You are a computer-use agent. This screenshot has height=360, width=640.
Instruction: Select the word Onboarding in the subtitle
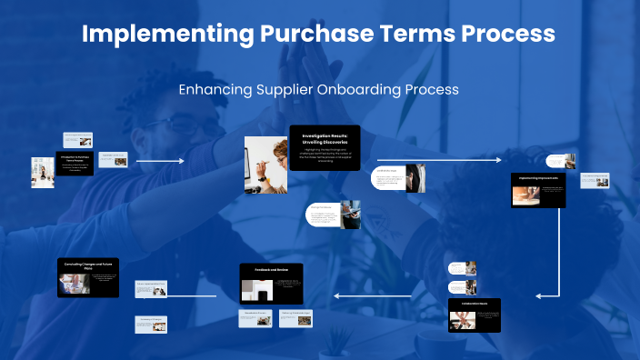368,90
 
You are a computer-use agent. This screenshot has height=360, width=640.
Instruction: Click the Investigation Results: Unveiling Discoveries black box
325,146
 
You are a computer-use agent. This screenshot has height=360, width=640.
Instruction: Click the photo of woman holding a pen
265,164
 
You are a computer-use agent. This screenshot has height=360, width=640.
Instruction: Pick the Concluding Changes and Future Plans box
88,277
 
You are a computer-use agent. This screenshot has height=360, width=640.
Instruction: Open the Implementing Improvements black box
538,190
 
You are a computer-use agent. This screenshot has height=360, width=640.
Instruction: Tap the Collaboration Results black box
475,315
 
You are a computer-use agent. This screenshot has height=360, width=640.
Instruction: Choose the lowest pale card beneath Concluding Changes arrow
152,323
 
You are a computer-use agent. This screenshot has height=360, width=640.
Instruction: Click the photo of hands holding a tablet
351,215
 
